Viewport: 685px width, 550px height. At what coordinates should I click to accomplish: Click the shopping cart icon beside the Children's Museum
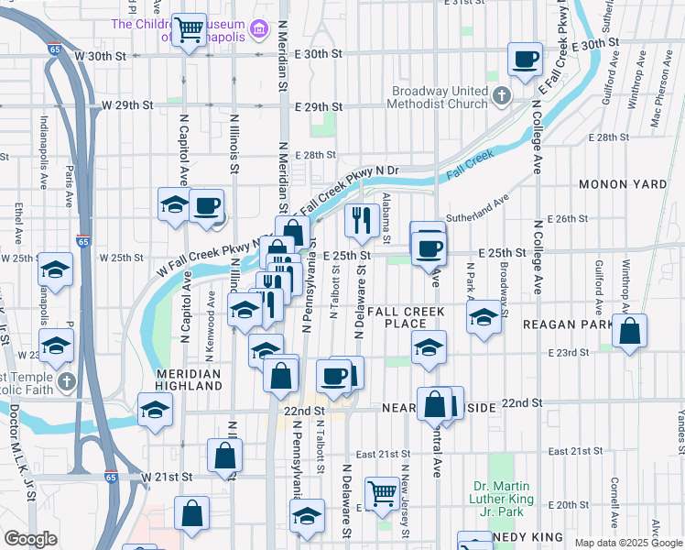[190, 29]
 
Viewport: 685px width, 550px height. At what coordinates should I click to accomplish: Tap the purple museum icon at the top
[259, 30]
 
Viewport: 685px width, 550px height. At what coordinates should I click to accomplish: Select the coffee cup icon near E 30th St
[525, 60]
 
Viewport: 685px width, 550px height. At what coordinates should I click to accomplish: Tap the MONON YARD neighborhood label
[623, 184]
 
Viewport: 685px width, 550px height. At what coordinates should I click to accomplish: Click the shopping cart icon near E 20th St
[382, 493]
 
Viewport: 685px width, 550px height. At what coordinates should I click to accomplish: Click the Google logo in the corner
[29, 539]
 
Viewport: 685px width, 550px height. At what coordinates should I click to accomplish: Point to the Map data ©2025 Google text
[627, 543]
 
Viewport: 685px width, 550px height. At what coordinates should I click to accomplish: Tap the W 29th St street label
[126, 105]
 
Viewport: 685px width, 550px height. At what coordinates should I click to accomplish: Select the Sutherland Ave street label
[477, 210]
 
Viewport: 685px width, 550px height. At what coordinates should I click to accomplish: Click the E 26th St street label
[566, 219]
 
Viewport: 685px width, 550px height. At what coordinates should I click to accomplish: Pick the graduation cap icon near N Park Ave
[484, 318]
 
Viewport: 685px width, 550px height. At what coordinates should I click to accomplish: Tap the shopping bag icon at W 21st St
[224, 456]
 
